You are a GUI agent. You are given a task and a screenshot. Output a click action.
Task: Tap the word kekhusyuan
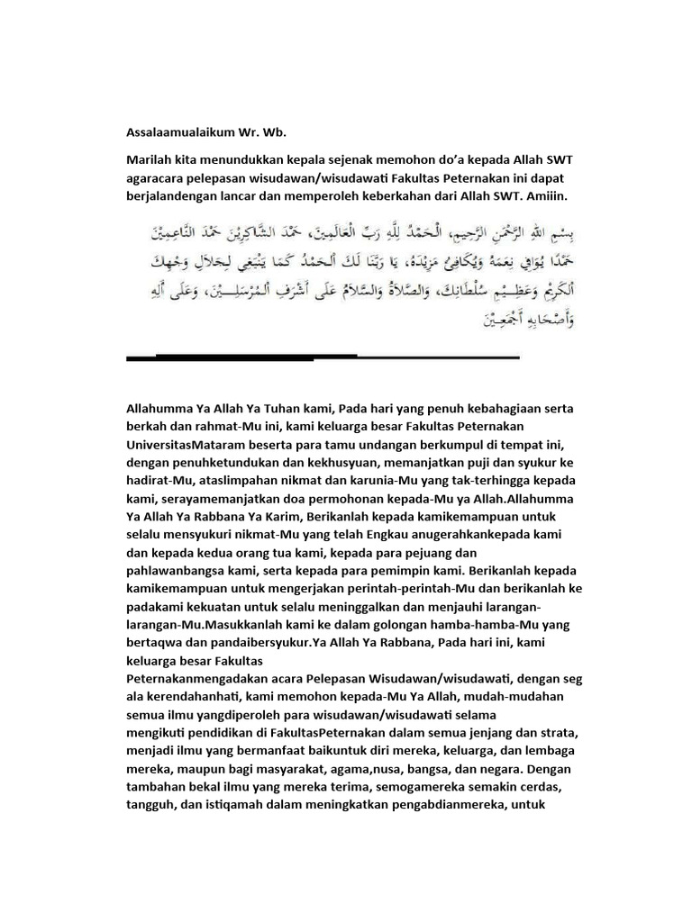click(x=287, y=462)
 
